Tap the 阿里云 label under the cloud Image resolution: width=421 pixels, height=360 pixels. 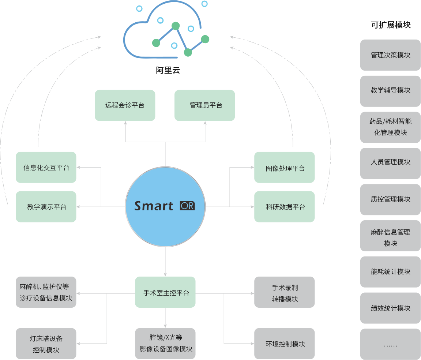[x=168, y=70]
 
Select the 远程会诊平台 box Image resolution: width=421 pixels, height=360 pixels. [x=125, y=105]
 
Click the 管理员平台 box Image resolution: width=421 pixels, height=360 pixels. [x=204, y=105]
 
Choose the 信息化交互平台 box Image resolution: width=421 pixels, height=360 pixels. [x=46, y=167]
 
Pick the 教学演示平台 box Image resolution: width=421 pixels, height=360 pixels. [x=46, y=207]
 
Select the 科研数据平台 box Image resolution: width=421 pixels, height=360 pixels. [x=285, y=207]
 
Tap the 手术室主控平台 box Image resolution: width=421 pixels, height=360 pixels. [x=165, y=292]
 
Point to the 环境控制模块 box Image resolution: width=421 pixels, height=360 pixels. [x=285, y=344]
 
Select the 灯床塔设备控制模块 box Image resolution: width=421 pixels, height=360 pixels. [x=46, y=344]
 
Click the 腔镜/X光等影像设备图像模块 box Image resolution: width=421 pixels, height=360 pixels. [x=165, y=344]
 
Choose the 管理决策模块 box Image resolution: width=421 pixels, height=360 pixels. [x=390, y=55]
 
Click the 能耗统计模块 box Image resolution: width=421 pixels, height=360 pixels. [x=390, y=272]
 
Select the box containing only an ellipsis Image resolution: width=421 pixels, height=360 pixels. [x=390, y=344]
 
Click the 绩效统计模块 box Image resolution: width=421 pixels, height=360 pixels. [x=390, y=308]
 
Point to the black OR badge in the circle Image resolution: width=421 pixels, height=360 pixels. [x=187, y=206]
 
